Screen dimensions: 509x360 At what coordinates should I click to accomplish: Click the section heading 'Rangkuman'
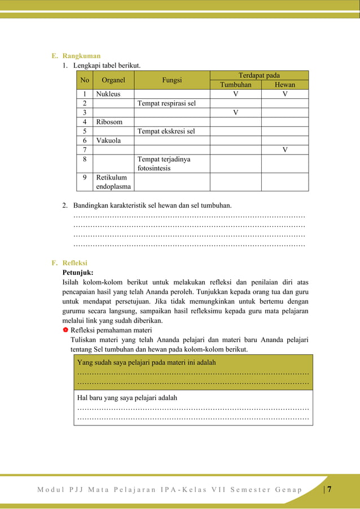tap(81, 56)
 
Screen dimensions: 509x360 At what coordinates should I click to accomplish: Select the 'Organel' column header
tap(113, 80)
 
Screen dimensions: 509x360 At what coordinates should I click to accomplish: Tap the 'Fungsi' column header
tap(172, 80)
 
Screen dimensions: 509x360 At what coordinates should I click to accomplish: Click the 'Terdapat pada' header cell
tap(259, 75)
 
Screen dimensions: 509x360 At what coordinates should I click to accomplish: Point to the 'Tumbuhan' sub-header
tap(235, 85)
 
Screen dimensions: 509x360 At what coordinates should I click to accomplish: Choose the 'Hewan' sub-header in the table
tap(285, 85)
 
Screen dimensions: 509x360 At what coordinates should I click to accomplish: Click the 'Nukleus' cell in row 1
tap(108, 94)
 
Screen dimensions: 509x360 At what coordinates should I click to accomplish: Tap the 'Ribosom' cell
tap(109, 122)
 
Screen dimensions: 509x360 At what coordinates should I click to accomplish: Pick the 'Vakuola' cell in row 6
tap(108, 141)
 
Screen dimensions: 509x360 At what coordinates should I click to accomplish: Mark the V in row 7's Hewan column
tap(285, 150)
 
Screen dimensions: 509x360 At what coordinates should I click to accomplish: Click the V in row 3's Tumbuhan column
tap(235, 112)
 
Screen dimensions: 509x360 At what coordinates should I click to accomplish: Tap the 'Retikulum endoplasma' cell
tap(113, 182)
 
